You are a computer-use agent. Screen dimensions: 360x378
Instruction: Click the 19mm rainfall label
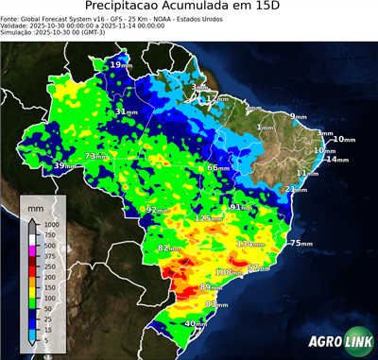[121, 64]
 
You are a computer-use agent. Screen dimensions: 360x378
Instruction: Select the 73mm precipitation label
[96, 156]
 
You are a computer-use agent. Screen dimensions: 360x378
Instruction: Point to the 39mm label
[64, 166]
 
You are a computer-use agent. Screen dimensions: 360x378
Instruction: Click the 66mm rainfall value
[218, 167]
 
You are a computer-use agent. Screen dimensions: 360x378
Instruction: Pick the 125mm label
[206, 218]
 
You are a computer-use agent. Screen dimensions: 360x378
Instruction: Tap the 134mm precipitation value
[249, 244]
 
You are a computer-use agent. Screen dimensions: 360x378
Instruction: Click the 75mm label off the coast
[301, 244]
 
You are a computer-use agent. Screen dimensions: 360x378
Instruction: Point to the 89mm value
[212, 287]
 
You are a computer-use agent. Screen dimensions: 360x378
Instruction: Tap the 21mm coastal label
[296, 189]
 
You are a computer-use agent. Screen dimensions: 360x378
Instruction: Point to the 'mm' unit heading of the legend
[36, 205]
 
